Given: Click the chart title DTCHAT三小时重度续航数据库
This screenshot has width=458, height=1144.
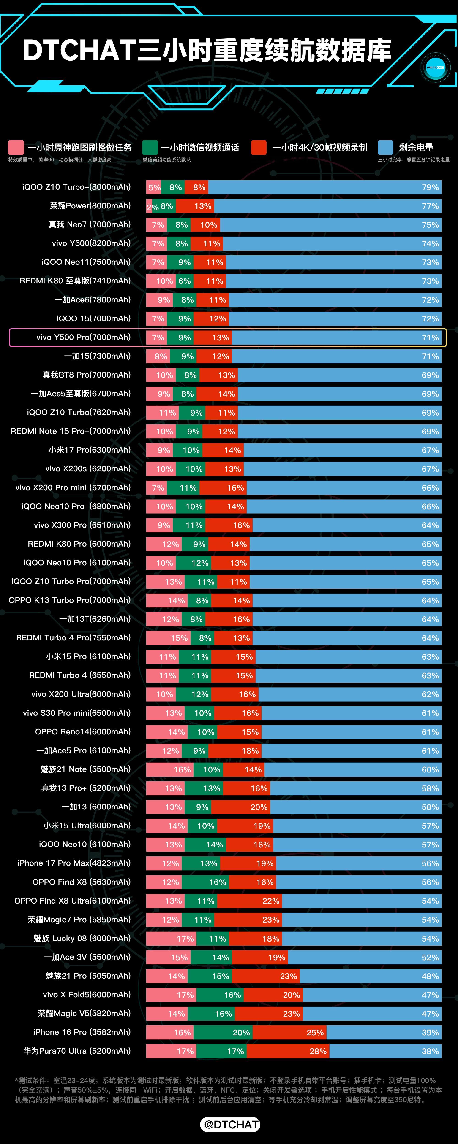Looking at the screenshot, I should coord(207,50).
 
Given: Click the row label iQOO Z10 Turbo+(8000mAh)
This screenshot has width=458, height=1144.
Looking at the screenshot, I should coord(76,187).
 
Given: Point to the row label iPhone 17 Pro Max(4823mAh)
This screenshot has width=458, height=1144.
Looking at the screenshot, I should coord(74,863).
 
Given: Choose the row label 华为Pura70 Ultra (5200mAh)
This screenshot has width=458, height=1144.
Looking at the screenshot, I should coord(77,1051).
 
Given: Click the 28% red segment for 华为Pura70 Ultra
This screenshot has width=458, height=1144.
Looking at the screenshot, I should coord(288,1051).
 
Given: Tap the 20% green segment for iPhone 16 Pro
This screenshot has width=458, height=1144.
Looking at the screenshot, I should coord(223,1033).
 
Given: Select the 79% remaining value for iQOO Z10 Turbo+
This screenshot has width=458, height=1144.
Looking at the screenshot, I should coord(430,187).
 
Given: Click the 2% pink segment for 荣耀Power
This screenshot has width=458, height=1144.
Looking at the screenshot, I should coord(149,207).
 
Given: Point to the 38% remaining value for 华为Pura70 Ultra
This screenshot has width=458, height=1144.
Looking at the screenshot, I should coord(430,1051).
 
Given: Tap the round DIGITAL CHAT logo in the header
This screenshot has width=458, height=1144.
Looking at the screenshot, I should coord(435,67).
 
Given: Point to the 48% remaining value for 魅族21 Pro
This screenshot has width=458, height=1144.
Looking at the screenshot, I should coord(430,976).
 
